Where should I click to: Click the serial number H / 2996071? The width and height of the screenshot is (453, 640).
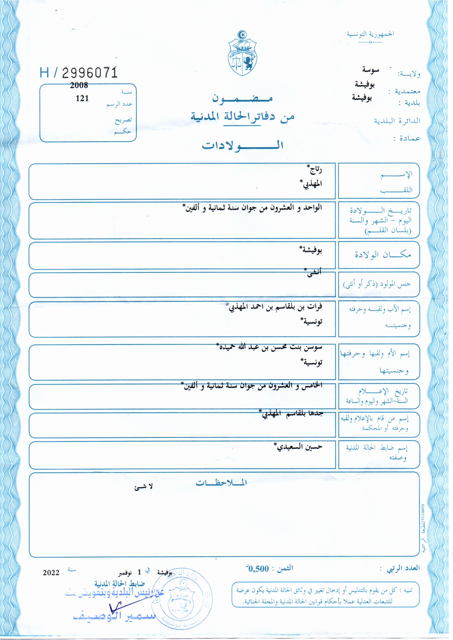pyautogui.click(x=79, y=73)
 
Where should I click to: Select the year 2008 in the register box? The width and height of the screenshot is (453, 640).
pyautogui.click(x=79, y=85)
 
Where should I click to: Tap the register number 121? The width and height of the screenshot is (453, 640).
pyautogui.click(x=82, y=98)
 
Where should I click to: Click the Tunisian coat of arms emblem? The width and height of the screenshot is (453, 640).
pyautogui.click(x=242, y=53)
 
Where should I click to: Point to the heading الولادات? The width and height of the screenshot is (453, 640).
pyautogui.click(x=242, y=145)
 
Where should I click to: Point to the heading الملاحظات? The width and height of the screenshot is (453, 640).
pyautogui.click(x=221, y=483)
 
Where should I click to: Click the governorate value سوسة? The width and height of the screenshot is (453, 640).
pyautogui.click(x=371, y=70)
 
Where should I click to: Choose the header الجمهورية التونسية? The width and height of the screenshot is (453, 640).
pyautogui.click(x=370, y=34)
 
